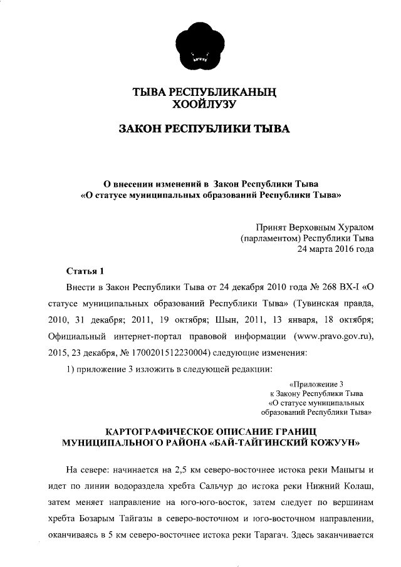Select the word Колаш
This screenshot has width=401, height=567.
click(358, 486)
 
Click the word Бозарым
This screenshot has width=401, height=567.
click(102, 519)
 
